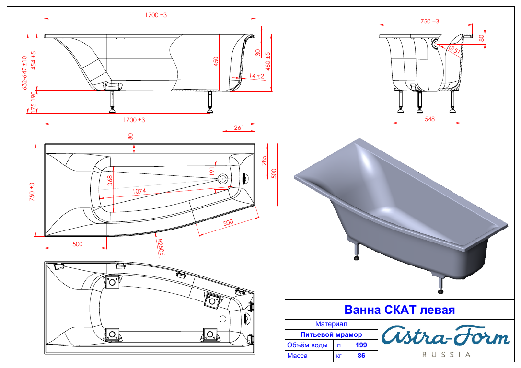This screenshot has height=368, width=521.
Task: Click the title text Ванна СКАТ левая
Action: tap(399, 310)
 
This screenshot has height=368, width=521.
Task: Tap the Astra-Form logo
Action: tap(446, 336)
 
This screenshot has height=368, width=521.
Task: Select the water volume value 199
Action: tap(361, 345)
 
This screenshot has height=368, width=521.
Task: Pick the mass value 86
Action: tap(361, 356)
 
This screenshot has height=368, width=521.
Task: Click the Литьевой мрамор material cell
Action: tap(331, 334)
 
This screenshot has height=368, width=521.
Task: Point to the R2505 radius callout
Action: tap(161, 247)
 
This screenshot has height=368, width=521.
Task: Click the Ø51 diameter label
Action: tap(454, 50)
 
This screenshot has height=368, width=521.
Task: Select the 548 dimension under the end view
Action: tap(429, 119)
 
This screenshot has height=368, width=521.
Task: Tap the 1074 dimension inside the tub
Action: tap(139, 191)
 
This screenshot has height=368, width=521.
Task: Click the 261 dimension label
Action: tap(239, 127)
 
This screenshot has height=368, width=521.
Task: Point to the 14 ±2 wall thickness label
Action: tap(256, 76)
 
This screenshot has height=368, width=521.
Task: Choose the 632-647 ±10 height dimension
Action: tap(24, 73)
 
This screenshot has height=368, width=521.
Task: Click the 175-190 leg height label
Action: tap(33, 102)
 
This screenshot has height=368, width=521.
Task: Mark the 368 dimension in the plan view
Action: tap(110, 180)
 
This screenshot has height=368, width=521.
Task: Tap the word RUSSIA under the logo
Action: tap(446, 355)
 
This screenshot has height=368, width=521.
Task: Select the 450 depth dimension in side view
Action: tap(216, 61)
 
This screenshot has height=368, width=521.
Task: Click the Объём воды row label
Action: tap(307, 345)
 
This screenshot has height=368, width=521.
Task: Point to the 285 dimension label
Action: tap(264, 161)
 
